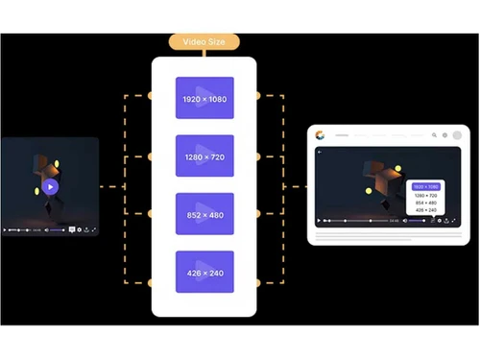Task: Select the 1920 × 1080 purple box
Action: point(204,98)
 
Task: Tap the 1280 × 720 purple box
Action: point(204,156)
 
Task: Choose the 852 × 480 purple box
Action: point(204,214)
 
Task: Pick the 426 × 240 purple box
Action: point(204,273)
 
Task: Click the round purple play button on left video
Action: point(50,187)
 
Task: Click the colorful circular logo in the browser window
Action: point(320,135)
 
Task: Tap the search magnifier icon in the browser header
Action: point(434,135)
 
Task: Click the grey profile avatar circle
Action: point(457,135)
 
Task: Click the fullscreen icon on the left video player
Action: point(93,229)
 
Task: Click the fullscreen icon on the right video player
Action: point(454,220)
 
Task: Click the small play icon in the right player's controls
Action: point(320,220)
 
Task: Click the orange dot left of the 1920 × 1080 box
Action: point(150,96)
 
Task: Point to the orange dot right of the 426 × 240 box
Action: point(259,283)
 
